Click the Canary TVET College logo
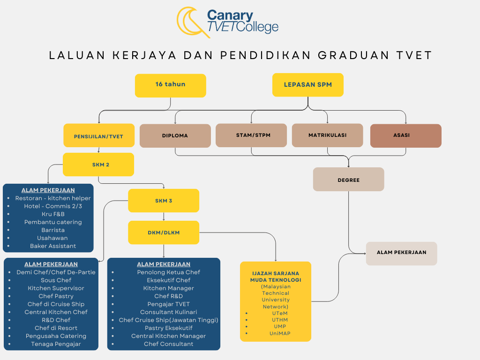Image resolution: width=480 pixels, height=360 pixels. point(227,22)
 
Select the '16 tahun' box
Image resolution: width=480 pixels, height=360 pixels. point(171,86)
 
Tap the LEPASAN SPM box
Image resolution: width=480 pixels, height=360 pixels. point(308,85)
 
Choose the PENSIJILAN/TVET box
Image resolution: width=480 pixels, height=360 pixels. point(99,135)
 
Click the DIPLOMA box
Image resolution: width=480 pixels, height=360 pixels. point(175,135)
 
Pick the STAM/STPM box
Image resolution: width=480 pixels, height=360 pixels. point(251,135)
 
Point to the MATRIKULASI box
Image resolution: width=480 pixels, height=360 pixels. point(328,135)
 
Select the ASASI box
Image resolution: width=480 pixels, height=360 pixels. point(406,135)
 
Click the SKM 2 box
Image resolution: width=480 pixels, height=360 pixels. point(98,165)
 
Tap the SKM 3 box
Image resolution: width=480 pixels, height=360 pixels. point(164,201)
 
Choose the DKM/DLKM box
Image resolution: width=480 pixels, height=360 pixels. point(164,232)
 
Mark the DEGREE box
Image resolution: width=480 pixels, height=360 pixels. point(349,180)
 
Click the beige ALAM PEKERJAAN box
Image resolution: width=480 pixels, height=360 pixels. point(402,254)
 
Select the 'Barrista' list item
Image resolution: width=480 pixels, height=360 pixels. point(53,230)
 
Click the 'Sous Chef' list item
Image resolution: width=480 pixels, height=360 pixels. point(56,280)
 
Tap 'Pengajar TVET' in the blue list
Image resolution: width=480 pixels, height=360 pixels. point(169,304)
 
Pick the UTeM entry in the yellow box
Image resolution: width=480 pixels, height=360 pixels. point(280,313)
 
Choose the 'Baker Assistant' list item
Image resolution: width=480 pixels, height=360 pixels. point(53,246)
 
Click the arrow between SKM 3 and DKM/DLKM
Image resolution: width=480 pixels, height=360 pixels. point(164,217)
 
